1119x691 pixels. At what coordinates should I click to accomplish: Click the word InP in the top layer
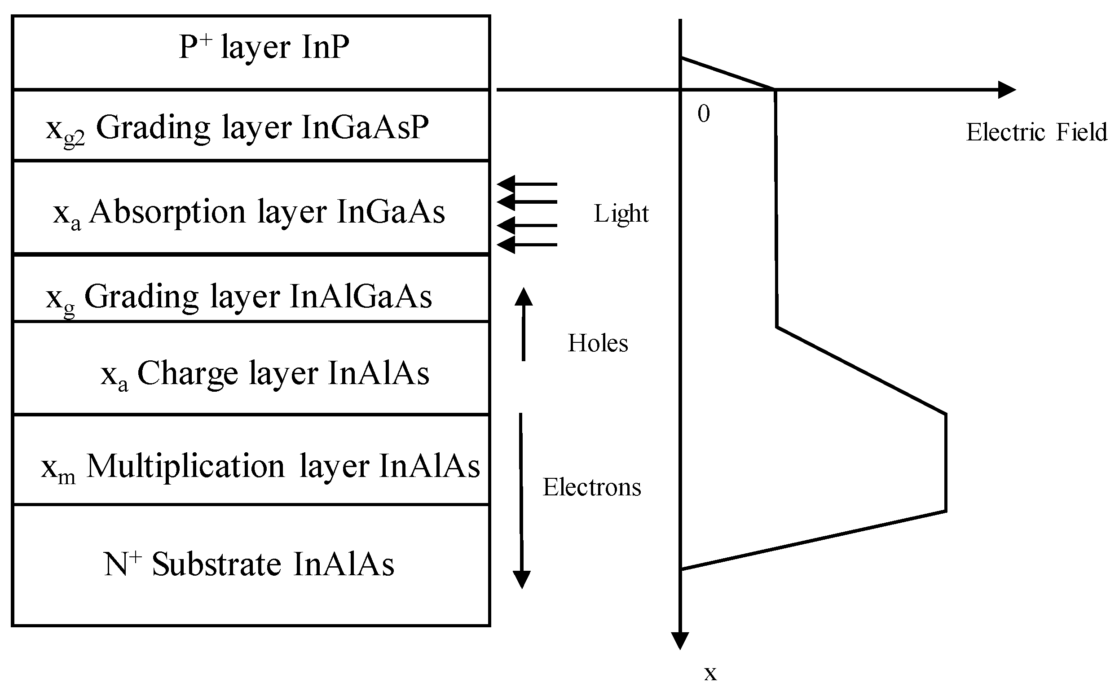tap(325, 47)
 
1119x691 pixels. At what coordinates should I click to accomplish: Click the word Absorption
tap(167, 212)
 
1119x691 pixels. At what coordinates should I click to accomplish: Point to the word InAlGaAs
tap(360, 297)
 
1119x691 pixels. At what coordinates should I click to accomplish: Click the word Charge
tap(188, 373)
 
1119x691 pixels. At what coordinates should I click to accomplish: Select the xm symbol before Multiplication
tap(57, 468)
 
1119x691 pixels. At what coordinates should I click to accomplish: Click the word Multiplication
tap(185, 467)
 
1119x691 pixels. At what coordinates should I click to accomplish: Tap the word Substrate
tap(216, 564)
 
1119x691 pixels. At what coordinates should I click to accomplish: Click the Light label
tap(621, 214)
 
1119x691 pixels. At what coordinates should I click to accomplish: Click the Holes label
tap(597, 343)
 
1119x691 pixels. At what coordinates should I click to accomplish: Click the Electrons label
tap(592, 487)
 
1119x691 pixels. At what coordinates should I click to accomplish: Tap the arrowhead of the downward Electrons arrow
tap(521, 579)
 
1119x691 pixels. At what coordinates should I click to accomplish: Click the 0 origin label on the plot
tap(703, 114)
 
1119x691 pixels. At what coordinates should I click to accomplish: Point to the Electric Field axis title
tap(1036, 132)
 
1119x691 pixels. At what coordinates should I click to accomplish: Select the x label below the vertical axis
tap(710, 673)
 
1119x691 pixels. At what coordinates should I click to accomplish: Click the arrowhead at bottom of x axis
tap(680, 640)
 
